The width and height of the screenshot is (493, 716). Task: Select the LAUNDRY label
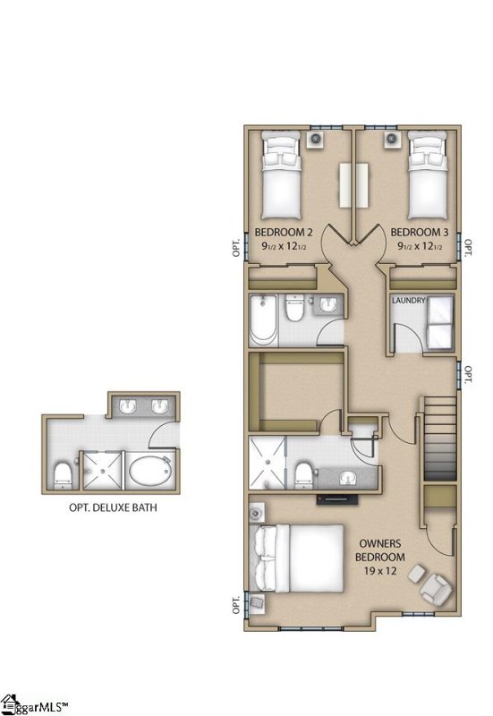tap(408, 302)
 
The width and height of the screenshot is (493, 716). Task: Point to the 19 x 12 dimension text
tap(381, 570)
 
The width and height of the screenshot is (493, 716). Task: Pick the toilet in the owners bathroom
tap(304, 471)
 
